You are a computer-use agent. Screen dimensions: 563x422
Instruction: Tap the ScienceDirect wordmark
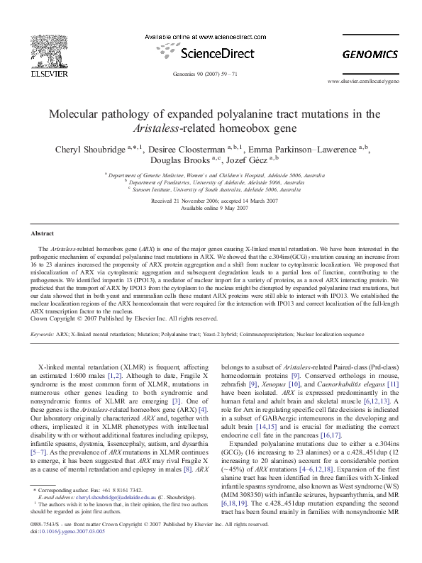pos(211,52)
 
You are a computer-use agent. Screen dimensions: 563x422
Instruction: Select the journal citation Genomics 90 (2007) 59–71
pos(211,74)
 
